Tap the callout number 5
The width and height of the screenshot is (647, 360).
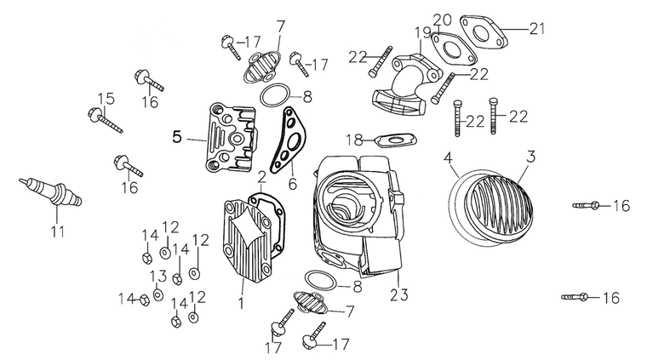coord(177,136)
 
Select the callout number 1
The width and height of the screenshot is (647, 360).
coord(242,302)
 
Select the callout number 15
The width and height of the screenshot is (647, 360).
coord(105,98)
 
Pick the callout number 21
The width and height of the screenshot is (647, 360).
coord(535,28)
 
